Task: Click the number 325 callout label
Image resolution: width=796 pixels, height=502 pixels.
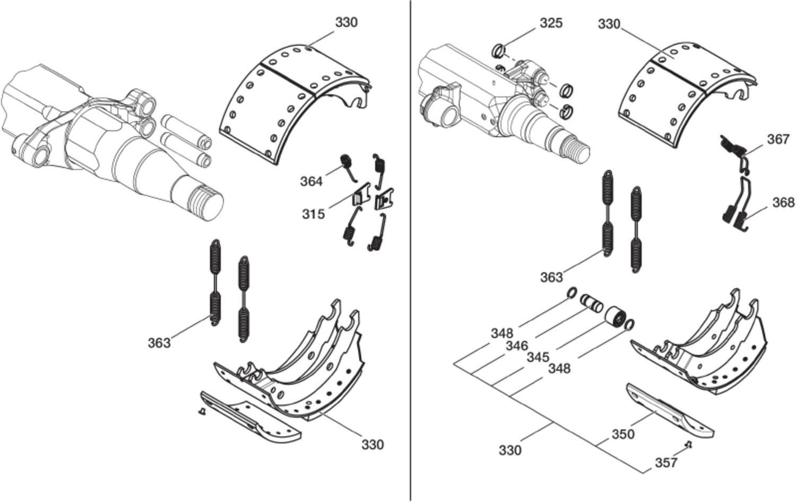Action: (x=551, y=23)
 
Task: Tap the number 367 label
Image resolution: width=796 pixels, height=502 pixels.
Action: (x=778, y=139)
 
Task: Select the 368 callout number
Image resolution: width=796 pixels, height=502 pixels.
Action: (x=783, y=202)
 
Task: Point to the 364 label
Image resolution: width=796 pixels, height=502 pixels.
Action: (x=312, y=181)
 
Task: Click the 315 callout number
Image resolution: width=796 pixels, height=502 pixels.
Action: (x=313, y=214)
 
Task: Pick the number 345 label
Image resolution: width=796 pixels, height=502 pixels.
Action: (x=538, y=357)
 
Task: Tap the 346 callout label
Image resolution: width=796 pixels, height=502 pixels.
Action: (x=516, y=346)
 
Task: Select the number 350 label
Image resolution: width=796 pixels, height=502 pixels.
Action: (x=623, y=434)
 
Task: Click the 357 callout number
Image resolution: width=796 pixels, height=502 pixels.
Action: (x=666, y=463)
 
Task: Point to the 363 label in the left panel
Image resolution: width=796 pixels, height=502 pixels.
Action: (x=159, y=343)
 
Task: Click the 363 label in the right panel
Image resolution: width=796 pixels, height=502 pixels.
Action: (x=551, y=277)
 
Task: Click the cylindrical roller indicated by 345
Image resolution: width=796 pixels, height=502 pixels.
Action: (x=616, y=318)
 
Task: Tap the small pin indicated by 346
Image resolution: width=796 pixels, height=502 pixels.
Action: (x=591, y=303)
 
